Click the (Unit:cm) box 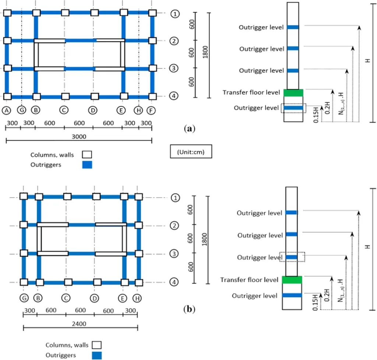pyautogui.click(x=192, y=151)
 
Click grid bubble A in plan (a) pyautogui.click(x=6, y=110)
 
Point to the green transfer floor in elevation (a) pyautogui.click(x=293, y=93)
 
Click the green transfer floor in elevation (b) pyautogui.click(x=292, y=280)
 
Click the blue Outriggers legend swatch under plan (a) pyautogui.click(x=87, y=165)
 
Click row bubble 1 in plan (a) pyautogui.click(x=175, y=14)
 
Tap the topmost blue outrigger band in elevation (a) pyautogui.click(x=293, y=27)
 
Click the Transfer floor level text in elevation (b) pyautogui.click(x=249, y=280)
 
